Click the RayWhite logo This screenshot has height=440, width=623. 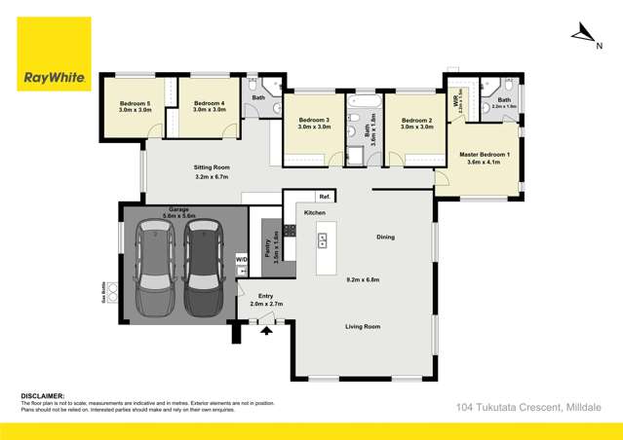(x=54, y=55)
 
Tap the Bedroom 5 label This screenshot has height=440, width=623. (x=136, y=103)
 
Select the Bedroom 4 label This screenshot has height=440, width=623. (x=209, y=103)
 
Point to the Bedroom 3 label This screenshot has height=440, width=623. (x=313, y=120)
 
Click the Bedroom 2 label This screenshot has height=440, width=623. (x=416, y=120)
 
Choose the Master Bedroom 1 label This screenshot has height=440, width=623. (x=483, y=156)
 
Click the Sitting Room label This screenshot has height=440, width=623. (x=212, y=167)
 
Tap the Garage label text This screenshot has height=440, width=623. (x=178, y=209)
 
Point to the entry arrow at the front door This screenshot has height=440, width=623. (x=265, y=330)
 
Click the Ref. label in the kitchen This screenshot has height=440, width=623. (x=324, y=197)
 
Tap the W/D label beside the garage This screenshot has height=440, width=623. (x=242, y=260)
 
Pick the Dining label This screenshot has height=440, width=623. (x=385, y=237)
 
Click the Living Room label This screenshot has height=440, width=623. (x=363, y=326)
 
